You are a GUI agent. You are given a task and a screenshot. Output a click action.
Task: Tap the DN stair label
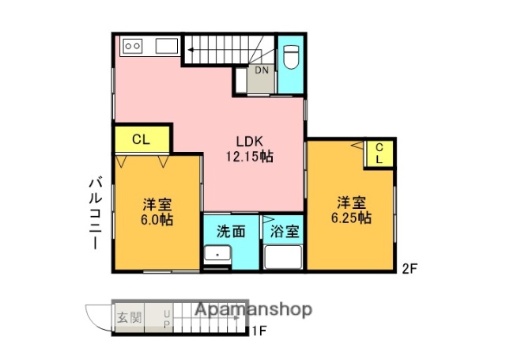click(x=262, y=70)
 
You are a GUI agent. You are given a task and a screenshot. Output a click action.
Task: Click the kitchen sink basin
click(x=167, y=46)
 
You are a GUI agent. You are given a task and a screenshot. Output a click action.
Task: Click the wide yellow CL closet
click(x=142, y=139)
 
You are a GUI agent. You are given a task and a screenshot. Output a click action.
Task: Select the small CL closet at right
click(x=379, y=153)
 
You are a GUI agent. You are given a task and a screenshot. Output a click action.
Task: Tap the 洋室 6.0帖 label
click(x=157, y=210)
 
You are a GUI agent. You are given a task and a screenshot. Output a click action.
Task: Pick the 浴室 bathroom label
click(x=285, y=232)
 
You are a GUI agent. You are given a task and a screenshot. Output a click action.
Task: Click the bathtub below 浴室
click(x=283, y=258)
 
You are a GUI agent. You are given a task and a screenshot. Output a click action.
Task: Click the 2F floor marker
click(x=408, y=267)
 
